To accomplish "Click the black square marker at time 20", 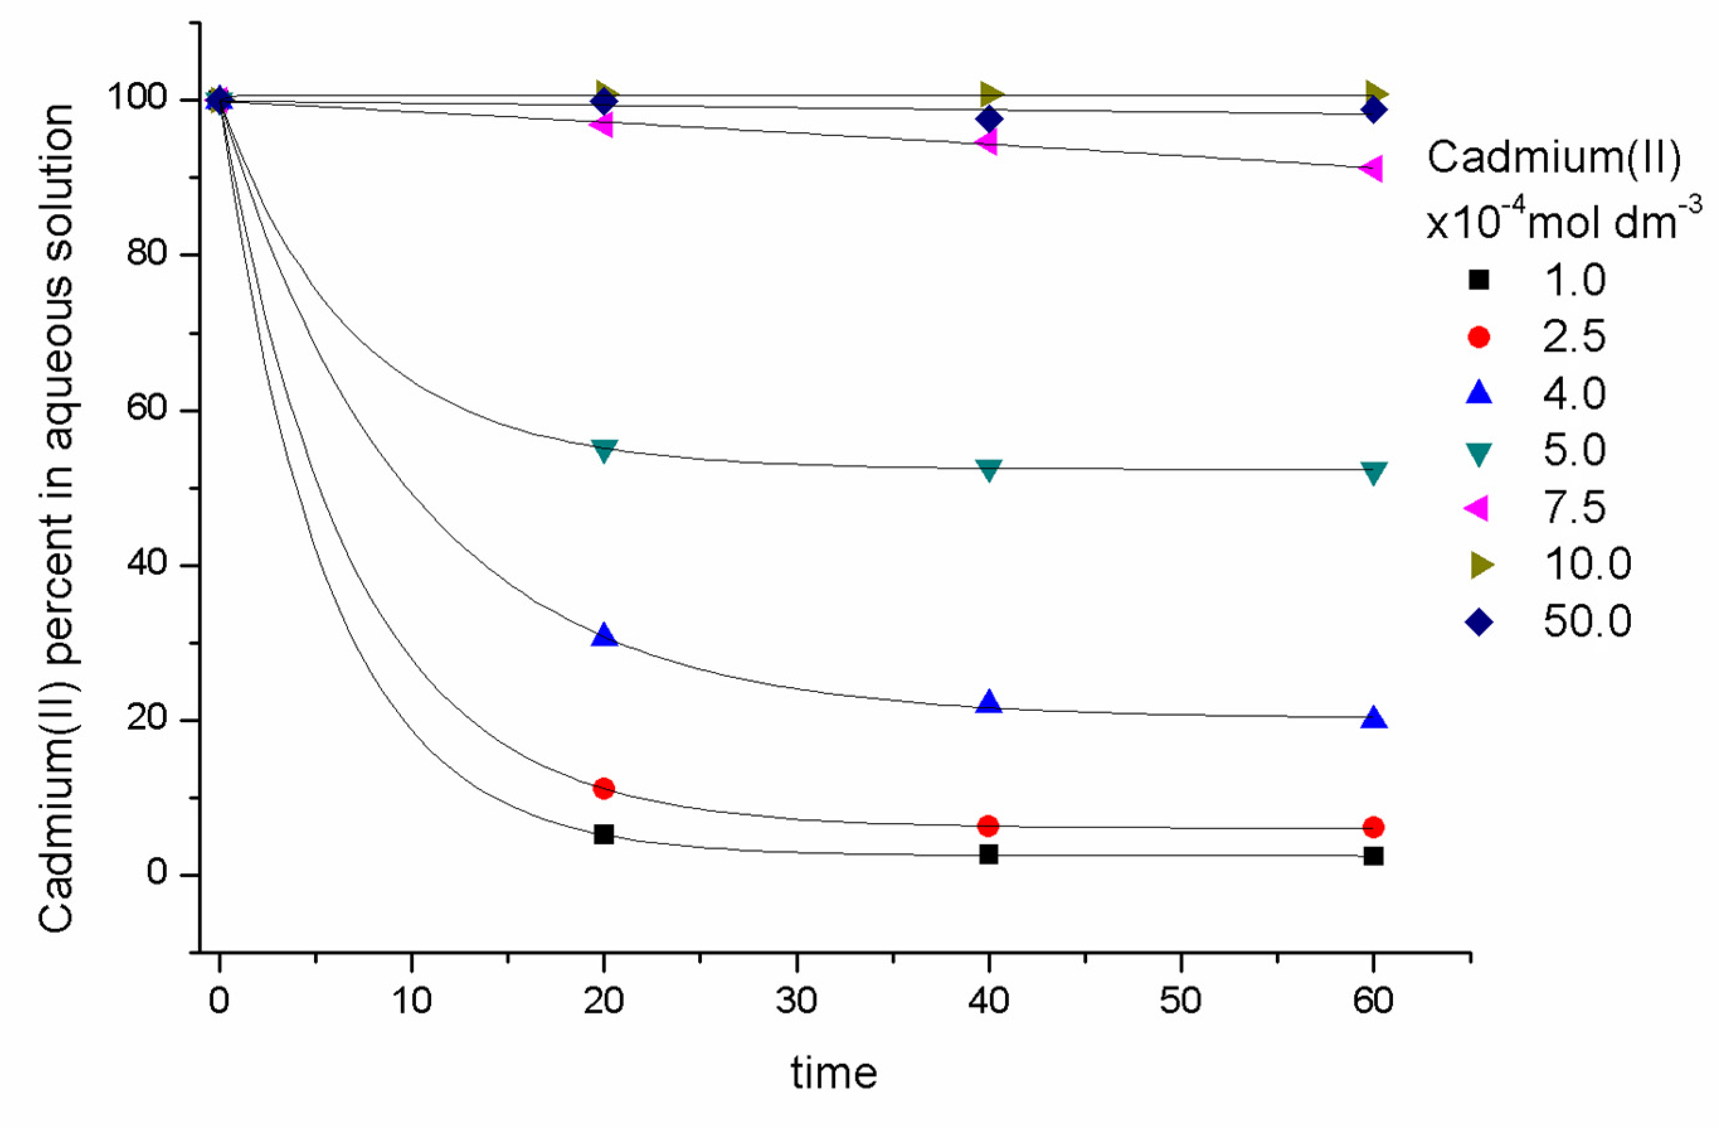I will (603, 834).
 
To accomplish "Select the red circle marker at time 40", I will (988, 825).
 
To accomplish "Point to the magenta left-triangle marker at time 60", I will (1372, 168).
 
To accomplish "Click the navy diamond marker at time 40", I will (989, 118).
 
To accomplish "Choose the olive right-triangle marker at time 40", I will (991, 94).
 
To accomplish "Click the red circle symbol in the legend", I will (1479, 337).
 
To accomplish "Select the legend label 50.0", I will (1587, 621).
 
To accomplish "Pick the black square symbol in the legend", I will (1479, 280).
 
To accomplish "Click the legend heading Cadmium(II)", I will (1553, 157).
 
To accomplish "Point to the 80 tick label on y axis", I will (147, 254).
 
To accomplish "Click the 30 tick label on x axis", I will (796, 1000).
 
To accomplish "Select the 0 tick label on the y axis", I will (157, 872).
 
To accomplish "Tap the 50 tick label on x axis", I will (1180, 1000).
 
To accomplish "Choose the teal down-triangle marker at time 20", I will (604, 451).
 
